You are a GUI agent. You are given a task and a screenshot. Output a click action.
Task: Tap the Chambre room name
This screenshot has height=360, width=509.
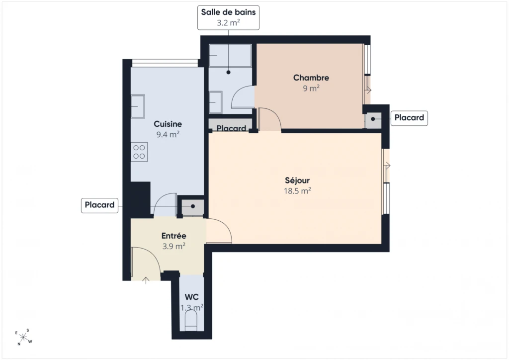(x=311, y=78)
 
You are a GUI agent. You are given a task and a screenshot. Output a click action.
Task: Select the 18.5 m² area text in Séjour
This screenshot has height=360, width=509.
(x=297, y=190)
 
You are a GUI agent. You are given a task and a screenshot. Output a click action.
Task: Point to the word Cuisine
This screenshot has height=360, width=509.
(x=168, y=124)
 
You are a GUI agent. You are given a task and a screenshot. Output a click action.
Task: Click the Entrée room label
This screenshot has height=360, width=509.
(x=173, y=236)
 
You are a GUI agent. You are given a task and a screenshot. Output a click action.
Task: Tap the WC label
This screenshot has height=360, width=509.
(x=191, y=297)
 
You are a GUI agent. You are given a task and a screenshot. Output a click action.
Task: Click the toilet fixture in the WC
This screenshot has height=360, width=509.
(x=191, y=320)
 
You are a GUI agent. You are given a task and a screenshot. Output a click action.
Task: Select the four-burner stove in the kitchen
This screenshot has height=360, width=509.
(x=139, y=152)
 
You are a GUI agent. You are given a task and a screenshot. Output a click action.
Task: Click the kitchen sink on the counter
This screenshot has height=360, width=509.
(x=138, y=106)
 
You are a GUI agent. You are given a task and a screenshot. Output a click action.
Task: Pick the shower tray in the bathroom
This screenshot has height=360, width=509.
(x=230, y=56)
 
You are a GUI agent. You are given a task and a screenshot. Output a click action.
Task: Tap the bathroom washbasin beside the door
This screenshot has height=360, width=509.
(x=215, y=102)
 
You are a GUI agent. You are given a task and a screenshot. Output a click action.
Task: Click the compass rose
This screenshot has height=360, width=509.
(x=23, y=337)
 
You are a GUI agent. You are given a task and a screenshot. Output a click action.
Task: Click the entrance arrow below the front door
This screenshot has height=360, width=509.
(x=146, y=280)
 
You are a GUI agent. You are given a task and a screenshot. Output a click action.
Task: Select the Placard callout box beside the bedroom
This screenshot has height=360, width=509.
(x=409, y=118)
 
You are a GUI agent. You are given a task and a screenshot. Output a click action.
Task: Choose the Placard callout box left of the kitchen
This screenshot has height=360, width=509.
(x=99, y=205)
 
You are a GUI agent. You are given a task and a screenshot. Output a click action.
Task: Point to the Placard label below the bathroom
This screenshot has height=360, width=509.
(x=231, y=129)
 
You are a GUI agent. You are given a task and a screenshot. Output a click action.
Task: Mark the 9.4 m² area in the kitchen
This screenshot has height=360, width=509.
(x=168, y=134)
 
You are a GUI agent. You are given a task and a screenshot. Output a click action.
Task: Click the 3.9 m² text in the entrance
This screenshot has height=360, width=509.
(x=173, y=246)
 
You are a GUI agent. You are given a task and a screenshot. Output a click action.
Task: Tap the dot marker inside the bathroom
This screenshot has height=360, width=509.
(x=229, y=73)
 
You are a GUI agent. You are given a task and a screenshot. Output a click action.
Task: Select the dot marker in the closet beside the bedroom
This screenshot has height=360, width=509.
(x=373, y=119)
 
